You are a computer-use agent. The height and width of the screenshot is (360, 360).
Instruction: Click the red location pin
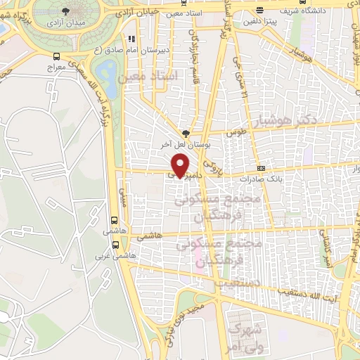click(x=180, y=165)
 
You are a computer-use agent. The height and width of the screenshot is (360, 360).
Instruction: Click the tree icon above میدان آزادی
click(x=66, y=11)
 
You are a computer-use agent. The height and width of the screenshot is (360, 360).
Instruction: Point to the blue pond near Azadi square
click(x=108, y=70)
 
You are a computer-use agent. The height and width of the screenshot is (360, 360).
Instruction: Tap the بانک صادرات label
click(x=261, y=180)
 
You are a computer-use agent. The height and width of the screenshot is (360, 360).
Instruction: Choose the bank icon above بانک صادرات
click(x=261, y=169)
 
